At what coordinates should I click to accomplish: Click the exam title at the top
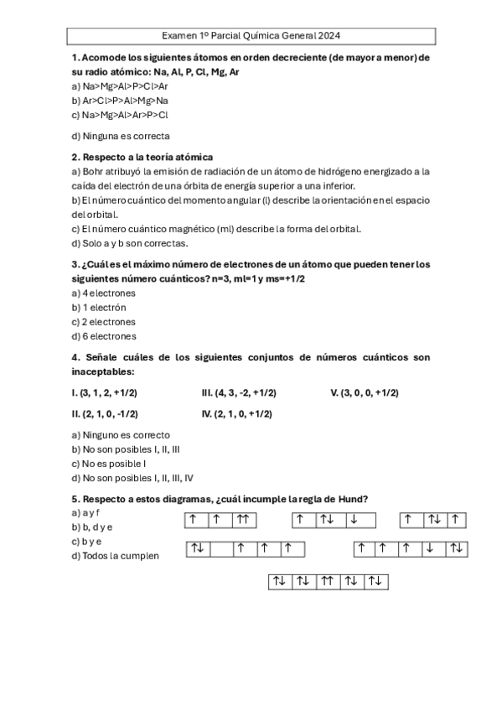tap(251, 37)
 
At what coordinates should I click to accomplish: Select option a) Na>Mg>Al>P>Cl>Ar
tap(121, 86)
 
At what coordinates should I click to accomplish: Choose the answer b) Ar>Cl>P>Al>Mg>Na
tap(121, 101)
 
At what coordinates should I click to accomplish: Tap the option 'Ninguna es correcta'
tap(121, 135)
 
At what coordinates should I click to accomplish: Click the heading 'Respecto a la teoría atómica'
tap(142, 157)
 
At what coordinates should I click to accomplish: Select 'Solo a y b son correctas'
tap(130, 243)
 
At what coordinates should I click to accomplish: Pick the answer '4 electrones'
tap(104, 293)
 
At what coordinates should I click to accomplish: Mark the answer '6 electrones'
tap(104, 336)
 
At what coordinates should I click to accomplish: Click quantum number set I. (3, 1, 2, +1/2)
tap(104, 392)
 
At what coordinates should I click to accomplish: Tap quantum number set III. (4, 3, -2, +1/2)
tap(239, 392)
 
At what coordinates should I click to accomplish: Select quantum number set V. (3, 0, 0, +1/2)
tap(365, 392)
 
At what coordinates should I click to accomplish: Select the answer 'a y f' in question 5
tap(85, 512)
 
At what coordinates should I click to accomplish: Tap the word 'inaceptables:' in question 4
tap(104, 371)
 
